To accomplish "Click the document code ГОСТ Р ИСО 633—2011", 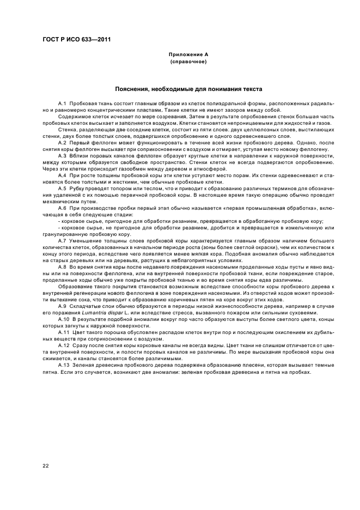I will pos(73,40).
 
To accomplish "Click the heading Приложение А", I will pos(188,55).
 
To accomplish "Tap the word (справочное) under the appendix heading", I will pos(188,62).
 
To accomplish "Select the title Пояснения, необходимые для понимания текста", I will pos(188,89).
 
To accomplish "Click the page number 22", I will pos(45,465).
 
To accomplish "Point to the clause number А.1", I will pos(62,103).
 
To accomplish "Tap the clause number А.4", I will pos(62,175).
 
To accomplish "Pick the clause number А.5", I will pos(62,189).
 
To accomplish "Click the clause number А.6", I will pos(62,208).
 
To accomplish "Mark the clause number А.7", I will pos(62,240).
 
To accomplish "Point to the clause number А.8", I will pos(62,266).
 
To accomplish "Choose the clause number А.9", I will pos(62,307).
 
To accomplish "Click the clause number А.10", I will pos(63,320).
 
